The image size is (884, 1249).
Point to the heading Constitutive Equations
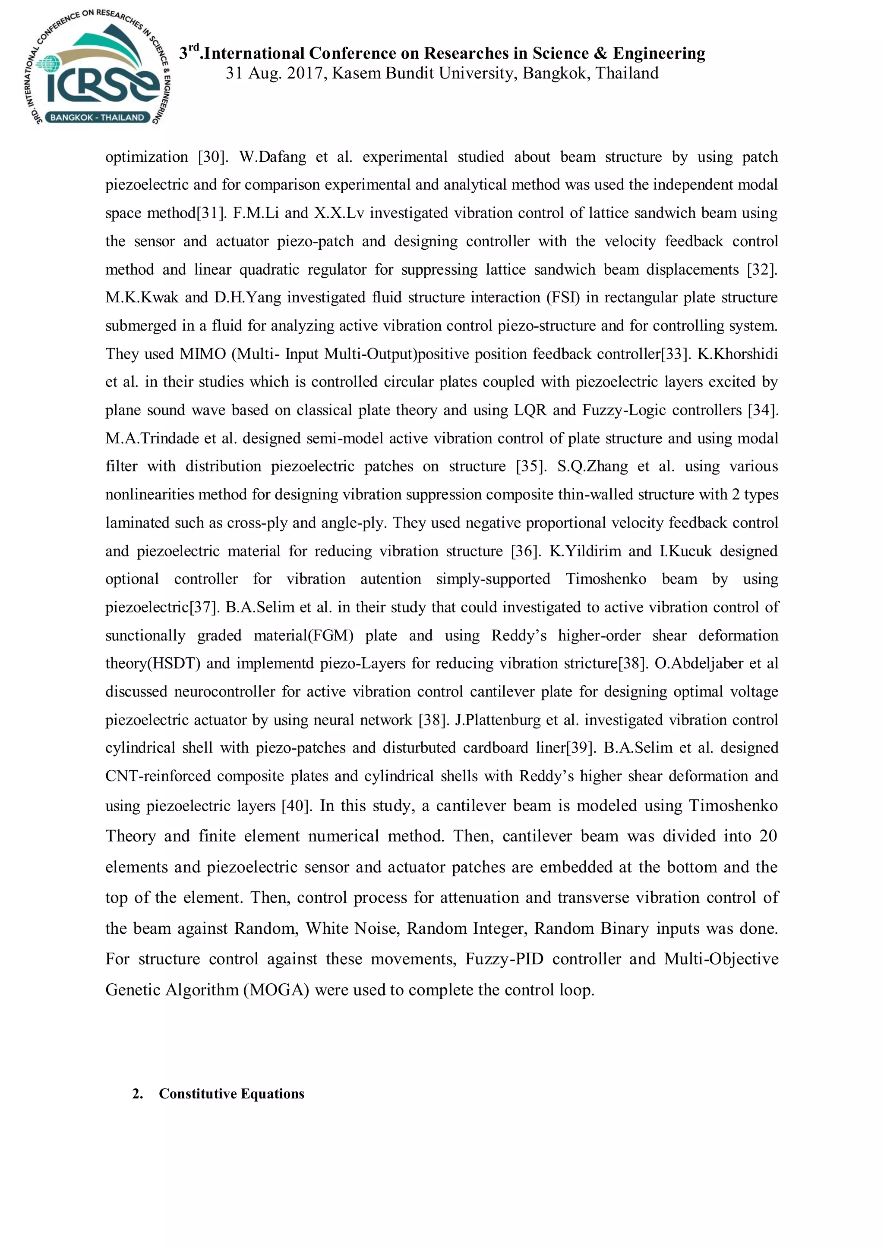[x=231, y=1093]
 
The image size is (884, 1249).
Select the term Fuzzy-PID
[x=504, y=958]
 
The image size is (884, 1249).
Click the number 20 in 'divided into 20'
[x=767, y=835]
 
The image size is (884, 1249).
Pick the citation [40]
[x=296, y=805]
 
